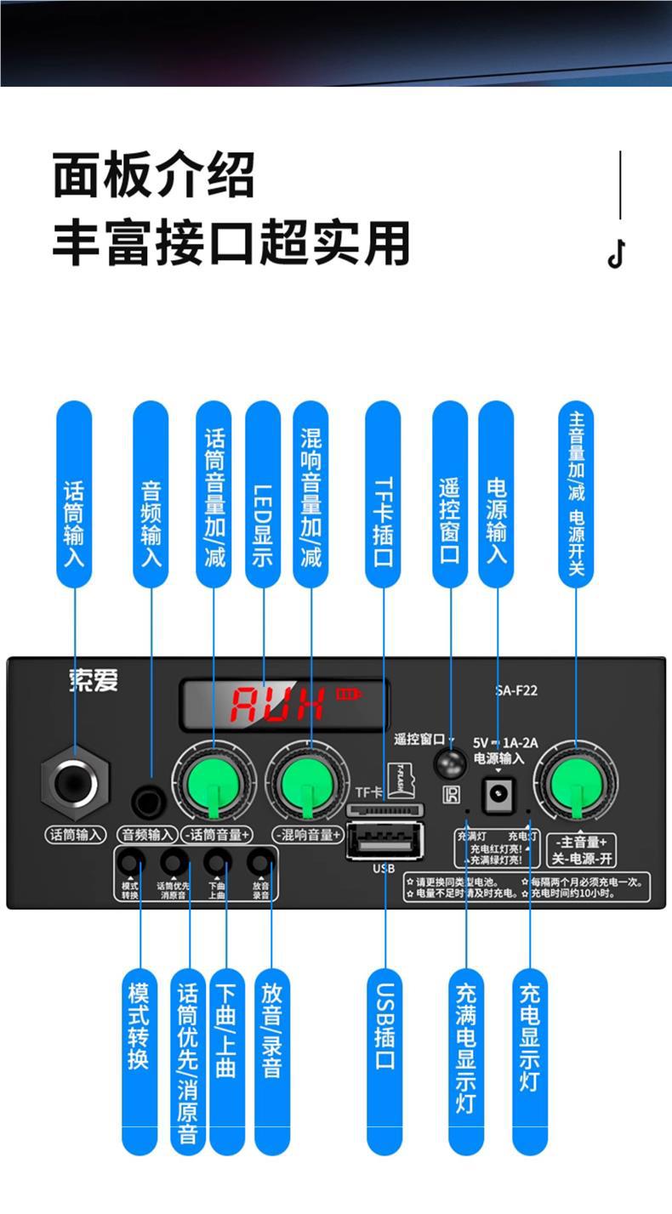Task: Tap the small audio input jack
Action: [150, 801]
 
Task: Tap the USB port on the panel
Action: [384, 842]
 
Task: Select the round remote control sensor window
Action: [450, 763]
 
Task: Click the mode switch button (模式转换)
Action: [129, 863]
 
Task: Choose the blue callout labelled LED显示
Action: [263, 496]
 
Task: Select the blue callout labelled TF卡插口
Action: [383, 496]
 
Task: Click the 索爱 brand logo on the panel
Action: [94, 681]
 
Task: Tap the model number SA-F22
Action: [516, 690]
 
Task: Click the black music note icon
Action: [617, 253]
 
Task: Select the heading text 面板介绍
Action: [153, 176]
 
